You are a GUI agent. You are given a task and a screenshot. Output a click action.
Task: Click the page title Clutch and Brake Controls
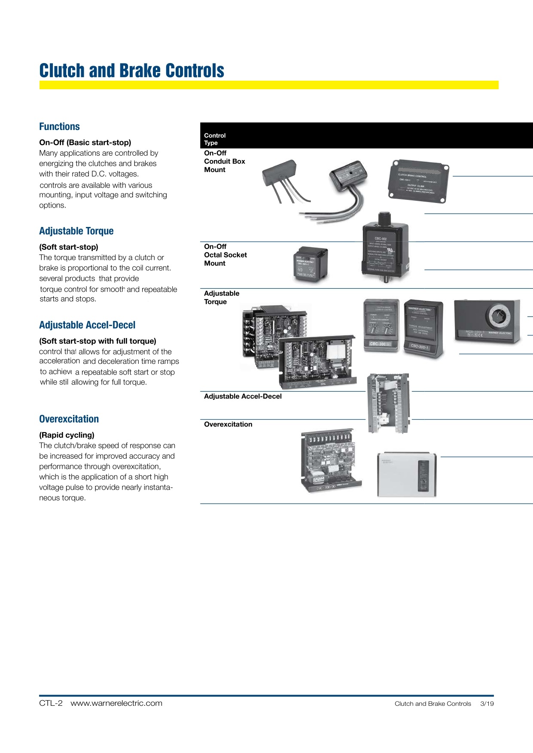click(x=131, y=71)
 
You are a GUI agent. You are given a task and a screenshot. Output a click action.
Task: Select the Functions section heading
click(x=59, y=127)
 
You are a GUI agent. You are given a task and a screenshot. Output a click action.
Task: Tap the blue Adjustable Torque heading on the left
click(x=76, y=231)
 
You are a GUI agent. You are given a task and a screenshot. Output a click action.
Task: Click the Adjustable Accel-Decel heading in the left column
click(x=87, y=325)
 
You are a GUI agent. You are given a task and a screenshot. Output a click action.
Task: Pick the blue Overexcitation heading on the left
click(x=69, y=419)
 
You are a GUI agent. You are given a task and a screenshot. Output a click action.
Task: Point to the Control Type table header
click(x=214, y=139)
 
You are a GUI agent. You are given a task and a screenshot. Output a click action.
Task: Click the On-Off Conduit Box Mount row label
click(x=224, y=161)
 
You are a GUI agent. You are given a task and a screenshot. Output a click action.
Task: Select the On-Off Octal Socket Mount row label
click(x=225, y=255)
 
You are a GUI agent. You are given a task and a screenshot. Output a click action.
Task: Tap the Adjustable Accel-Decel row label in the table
click(x=243, y=396)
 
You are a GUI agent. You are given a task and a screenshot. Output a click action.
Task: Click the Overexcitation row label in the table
click(x=228, y=424)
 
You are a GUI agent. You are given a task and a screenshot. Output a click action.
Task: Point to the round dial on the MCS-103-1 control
click(x=499, y=316)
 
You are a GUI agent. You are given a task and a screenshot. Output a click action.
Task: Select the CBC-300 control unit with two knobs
click(x=381, y=325)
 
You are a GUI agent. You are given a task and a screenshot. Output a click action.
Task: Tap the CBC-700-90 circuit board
click(x=331, y=461)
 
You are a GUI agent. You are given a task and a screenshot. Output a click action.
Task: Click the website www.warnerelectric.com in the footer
click(x=116, y=703)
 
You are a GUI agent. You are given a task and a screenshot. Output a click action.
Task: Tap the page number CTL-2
click(x=51, y=703)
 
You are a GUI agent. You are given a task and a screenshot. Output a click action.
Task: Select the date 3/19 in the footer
click(x=487, y=704)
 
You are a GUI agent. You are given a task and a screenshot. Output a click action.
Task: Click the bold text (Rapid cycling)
click(x=67, y=435)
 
